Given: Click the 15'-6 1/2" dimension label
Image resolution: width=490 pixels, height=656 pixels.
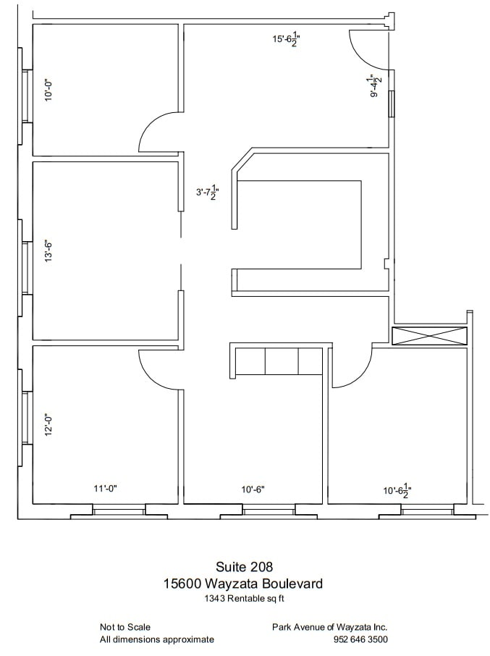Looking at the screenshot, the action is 287,39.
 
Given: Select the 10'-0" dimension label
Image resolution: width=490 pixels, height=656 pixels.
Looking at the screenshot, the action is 48,90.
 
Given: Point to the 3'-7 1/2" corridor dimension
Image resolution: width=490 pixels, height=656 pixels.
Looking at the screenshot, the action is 208,193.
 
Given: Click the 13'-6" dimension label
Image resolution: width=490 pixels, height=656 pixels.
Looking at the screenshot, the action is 48,251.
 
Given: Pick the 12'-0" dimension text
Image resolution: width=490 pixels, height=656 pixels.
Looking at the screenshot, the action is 48,426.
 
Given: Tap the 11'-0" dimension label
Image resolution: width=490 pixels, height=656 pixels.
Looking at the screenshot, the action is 105,488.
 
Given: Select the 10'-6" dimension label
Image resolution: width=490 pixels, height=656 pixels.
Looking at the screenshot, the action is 253,489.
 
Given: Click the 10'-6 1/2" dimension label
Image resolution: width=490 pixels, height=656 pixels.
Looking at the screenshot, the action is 397,491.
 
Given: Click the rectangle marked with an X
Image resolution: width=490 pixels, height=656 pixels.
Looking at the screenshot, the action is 429,336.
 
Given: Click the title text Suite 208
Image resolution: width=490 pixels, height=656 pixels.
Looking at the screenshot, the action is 244,567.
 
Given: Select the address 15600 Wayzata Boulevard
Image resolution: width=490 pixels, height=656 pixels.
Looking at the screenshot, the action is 243,583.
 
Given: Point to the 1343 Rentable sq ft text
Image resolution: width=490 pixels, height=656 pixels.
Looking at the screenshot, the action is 244,598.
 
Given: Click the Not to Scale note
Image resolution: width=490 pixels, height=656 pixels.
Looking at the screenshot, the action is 125,627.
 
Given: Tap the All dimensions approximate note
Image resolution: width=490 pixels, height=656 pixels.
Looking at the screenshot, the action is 157,639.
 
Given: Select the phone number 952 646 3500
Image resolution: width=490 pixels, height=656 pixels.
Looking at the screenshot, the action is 360,639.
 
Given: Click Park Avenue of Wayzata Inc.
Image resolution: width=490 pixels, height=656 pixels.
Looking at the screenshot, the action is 329,627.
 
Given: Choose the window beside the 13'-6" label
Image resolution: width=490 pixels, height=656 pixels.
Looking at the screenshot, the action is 26,268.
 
